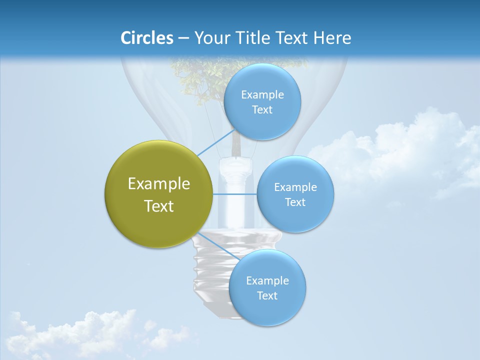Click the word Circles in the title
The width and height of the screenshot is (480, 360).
146,38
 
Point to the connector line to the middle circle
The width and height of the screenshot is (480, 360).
235,193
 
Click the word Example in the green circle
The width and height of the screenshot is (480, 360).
159,184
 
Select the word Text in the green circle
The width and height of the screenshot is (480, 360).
159,206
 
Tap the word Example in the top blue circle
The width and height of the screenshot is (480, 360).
262,95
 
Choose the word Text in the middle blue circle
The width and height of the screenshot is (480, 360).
295,202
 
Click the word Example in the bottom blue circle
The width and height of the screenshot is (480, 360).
267,281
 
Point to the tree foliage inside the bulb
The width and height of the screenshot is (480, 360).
200,75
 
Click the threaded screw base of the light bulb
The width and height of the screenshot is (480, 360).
210,270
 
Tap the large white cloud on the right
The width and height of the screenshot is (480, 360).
400,150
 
